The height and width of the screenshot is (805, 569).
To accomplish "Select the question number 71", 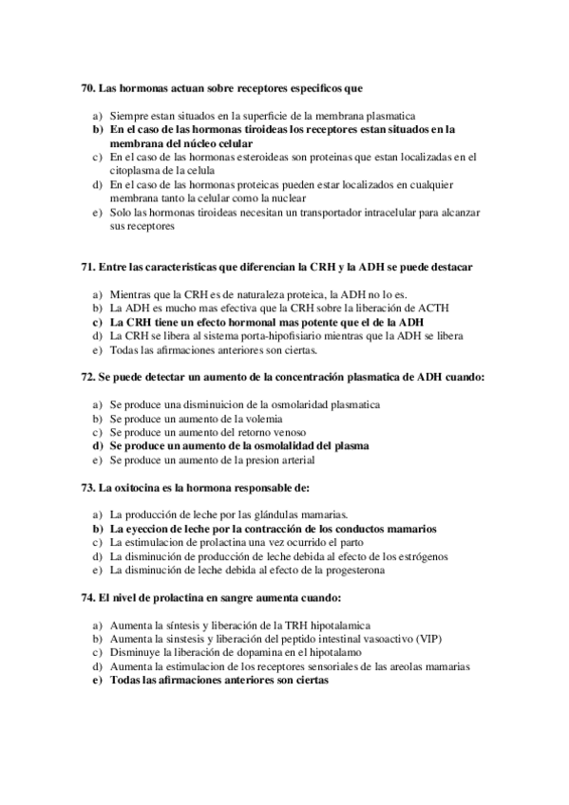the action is click(x=88, y=268).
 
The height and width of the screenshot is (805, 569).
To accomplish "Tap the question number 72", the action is click(x=88, y=377).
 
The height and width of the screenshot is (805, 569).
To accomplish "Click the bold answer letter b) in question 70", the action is click(x=97, y=128).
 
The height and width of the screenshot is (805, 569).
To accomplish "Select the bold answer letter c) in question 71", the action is click(x=97, y=322).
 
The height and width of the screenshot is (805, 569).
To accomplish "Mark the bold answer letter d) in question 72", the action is click(x=97, y=444).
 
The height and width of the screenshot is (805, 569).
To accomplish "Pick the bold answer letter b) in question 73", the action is click(x=97, y=527).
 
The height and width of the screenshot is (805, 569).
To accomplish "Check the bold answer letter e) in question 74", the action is click(x=97, y=680).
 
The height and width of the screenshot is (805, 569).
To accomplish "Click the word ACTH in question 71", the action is click(x=432, y=308).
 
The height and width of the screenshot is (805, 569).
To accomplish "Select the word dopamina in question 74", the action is click(x=275, y=652).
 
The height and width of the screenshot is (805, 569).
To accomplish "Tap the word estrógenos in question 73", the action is click(x=419, y=555).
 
